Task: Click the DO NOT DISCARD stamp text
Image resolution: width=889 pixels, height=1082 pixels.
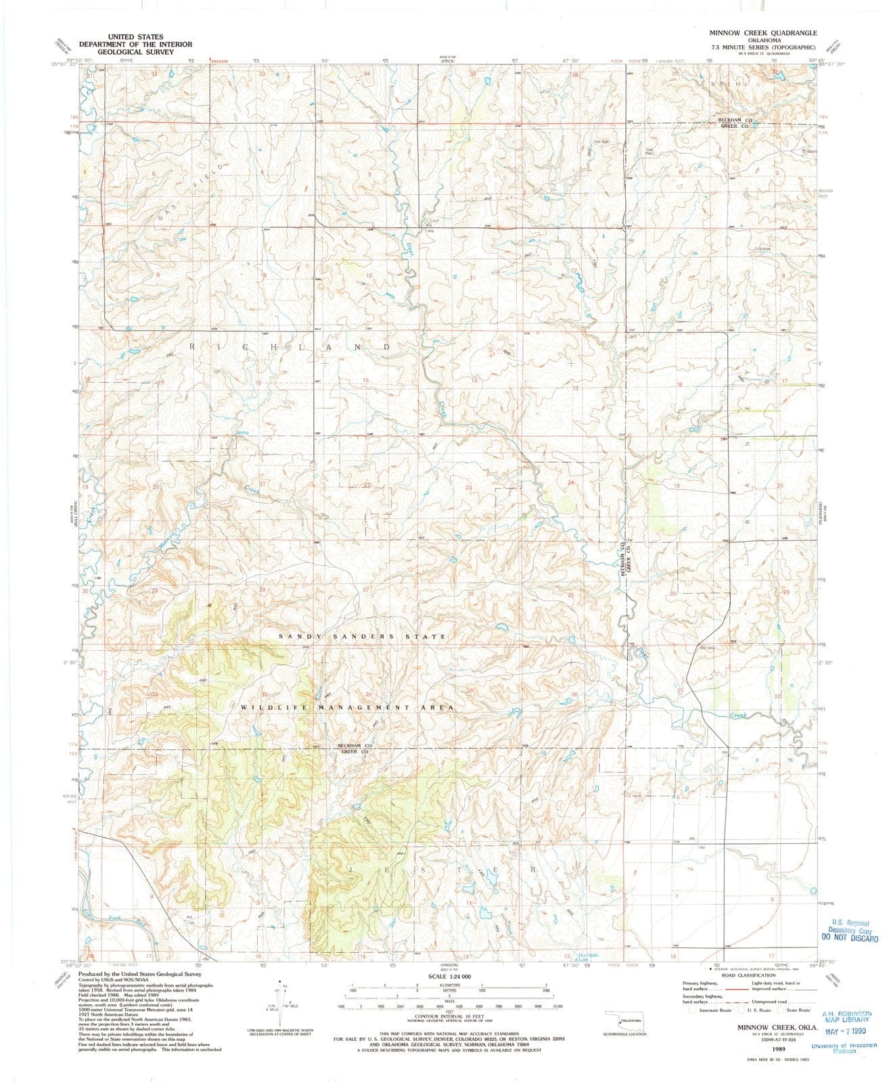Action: point(849,938)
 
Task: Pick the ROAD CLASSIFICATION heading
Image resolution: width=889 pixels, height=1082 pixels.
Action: point(748,975)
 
